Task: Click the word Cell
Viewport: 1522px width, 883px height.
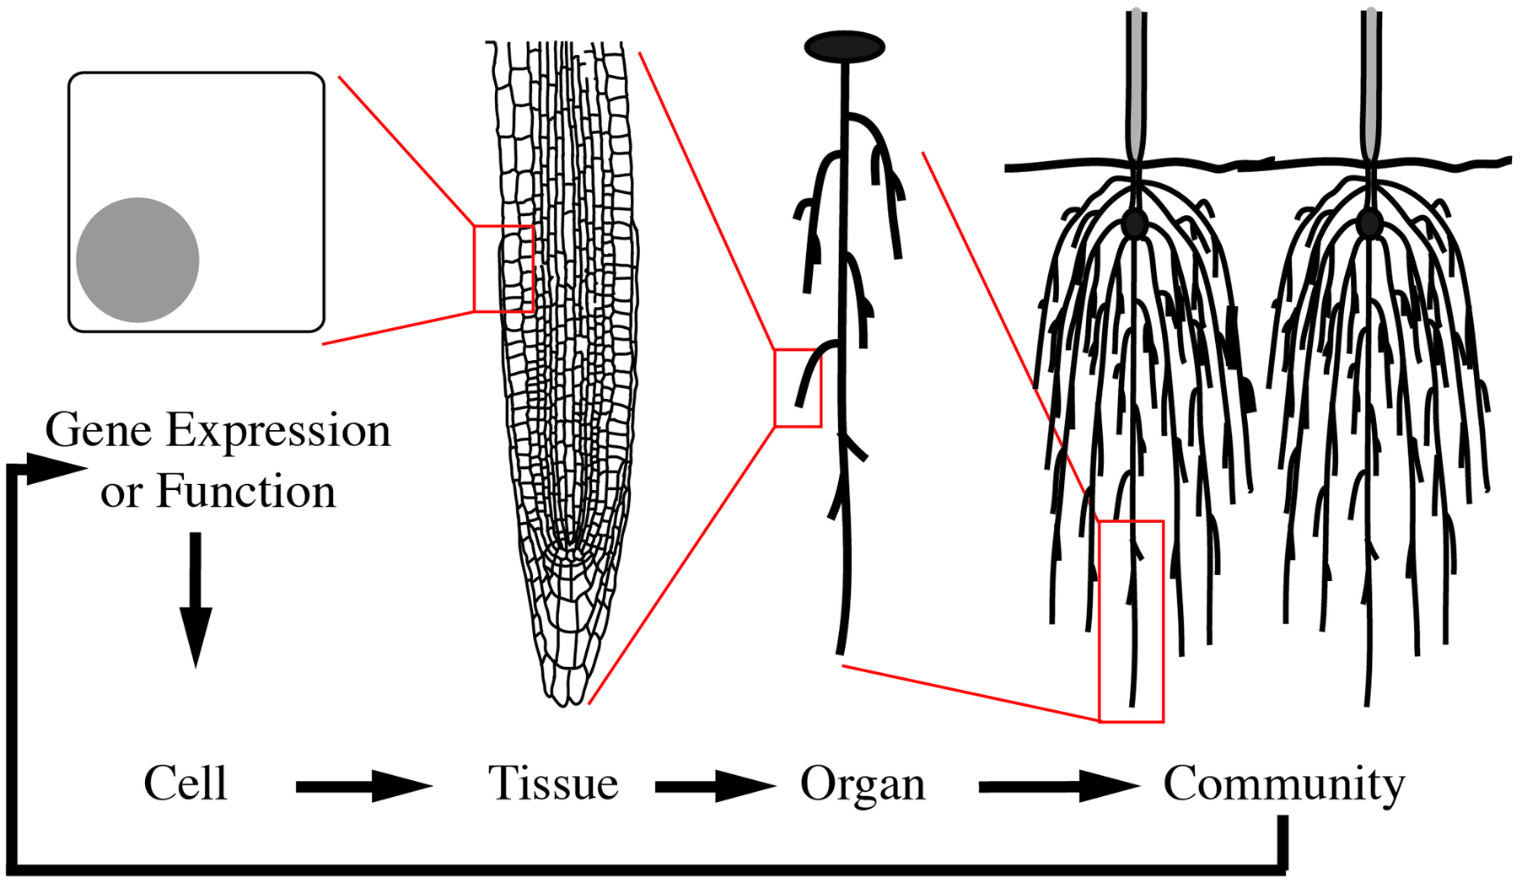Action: click(186, 784)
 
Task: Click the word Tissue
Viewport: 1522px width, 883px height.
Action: click(553, 784)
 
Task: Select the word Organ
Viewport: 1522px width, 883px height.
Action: click(863, 784)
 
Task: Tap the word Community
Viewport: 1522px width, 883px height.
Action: click(1283, 784)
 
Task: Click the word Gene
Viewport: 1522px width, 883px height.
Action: click(98, 431)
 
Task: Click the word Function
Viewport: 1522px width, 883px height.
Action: click(245, 492)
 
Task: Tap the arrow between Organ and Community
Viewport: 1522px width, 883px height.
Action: click(1058, 787)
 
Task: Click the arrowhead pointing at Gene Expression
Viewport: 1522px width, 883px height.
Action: click(56, 469)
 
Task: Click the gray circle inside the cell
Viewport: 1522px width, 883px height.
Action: click(137, 260)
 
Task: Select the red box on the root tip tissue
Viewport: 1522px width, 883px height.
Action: click(503, 269)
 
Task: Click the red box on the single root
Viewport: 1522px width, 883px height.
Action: click(797, 388)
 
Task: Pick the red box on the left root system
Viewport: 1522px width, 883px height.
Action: click(1131, 622)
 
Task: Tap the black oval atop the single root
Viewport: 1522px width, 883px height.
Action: click(844, 47)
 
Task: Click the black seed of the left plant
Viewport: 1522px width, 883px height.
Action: click(1136, 223)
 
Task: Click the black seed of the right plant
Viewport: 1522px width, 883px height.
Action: click(1369, 223)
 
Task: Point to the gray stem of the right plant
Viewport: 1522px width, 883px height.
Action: click(1370, 76)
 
